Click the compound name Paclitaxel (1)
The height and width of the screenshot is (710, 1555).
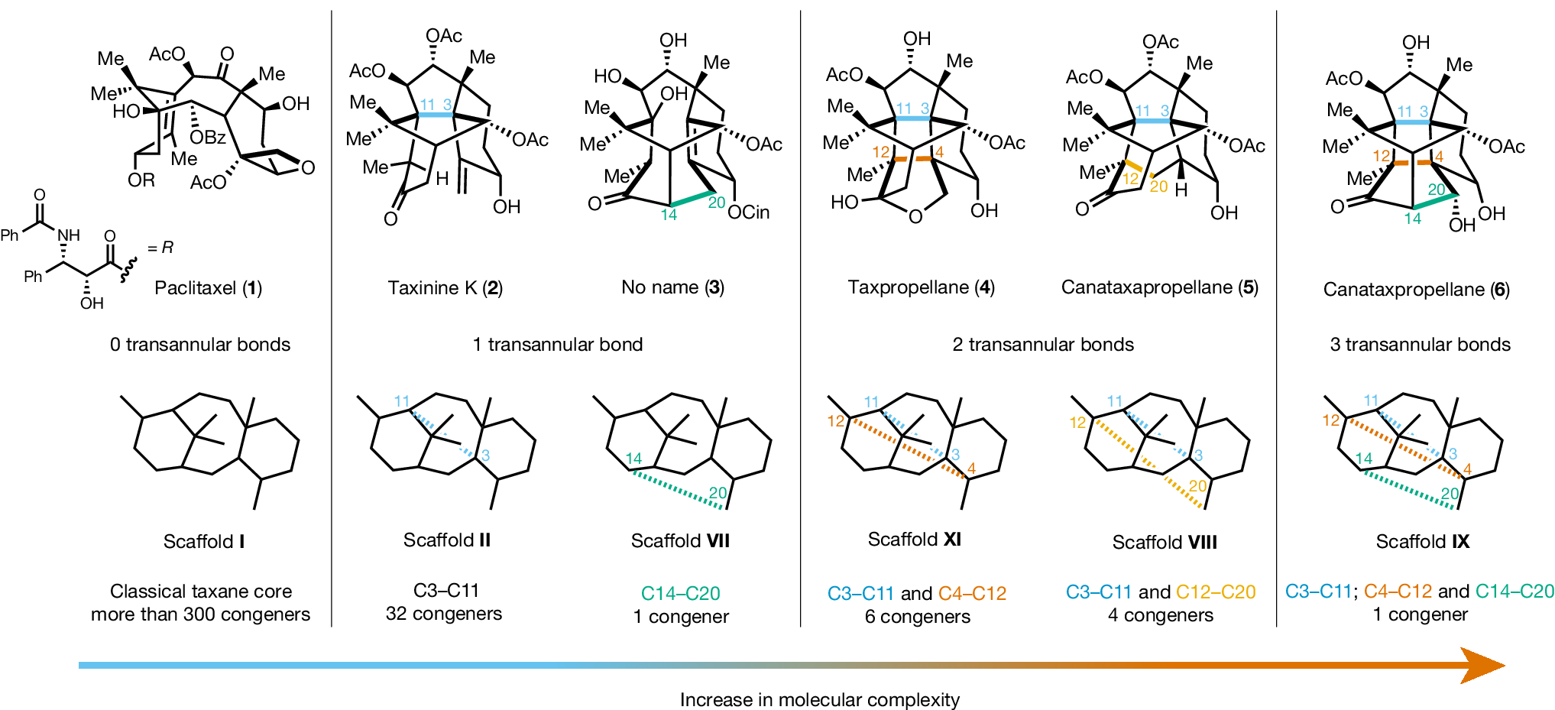208,288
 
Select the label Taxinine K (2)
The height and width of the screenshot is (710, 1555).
445,288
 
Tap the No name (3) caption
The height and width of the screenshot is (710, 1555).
672,287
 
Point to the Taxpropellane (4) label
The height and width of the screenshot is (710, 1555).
921,287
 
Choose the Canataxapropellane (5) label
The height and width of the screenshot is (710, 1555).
1159,287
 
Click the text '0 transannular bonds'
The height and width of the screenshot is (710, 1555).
200,345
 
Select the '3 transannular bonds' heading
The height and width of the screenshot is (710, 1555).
1420,345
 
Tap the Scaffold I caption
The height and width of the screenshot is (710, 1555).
204,542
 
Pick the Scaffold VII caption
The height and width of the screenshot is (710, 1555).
680,541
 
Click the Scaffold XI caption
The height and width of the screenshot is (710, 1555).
914,540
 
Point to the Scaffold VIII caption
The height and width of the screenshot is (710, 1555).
1164,543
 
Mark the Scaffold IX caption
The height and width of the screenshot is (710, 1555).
1422,542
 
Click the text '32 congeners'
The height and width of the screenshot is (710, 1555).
444,614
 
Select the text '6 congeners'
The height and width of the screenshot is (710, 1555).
917,617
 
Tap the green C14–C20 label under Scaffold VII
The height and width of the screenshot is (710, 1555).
680,593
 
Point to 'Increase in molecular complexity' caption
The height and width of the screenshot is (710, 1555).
819,700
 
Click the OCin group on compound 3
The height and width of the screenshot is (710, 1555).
748,212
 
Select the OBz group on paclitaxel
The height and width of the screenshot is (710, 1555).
208,138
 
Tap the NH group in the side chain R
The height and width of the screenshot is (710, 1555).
69,235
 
